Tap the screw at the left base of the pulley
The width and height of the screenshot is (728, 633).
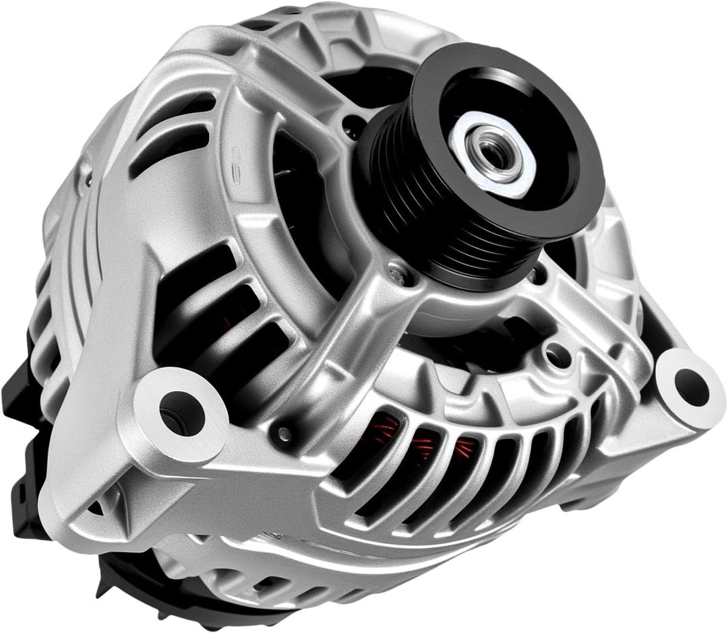tap(398, 273)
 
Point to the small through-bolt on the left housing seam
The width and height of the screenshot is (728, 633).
tap(86, 178)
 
